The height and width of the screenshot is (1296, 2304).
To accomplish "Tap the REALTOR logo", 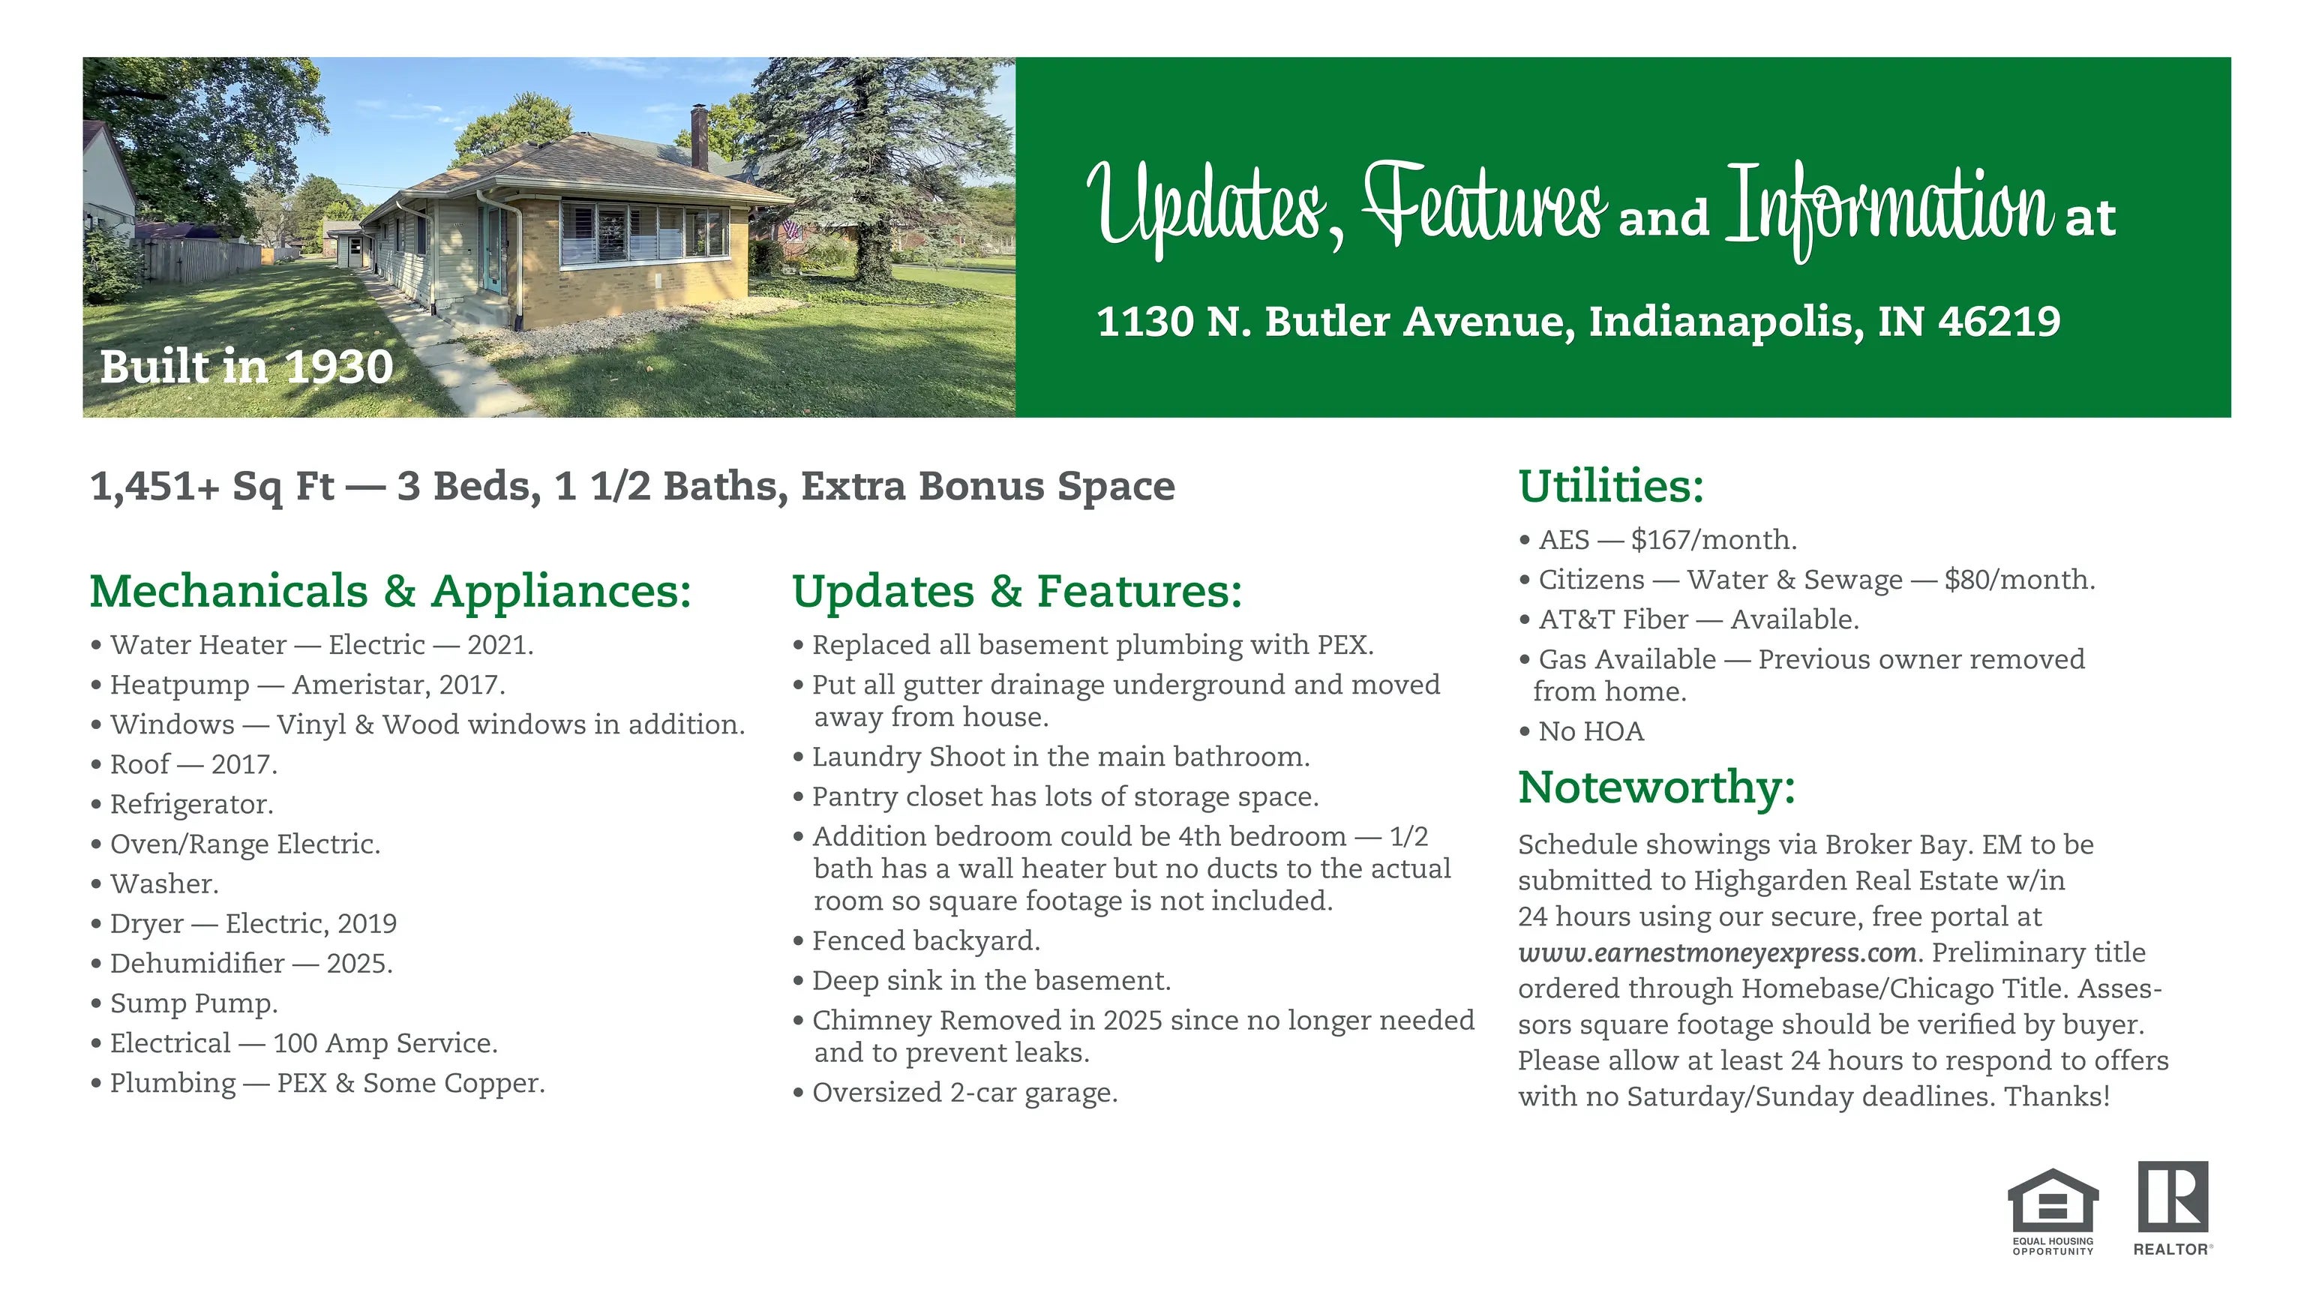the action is (2173, 1207).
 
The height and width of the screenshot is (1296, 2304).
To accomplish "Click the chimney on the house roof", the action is (700, 136).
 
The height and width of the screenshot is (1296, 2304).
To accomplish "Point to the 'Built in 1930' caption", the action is (247, 367).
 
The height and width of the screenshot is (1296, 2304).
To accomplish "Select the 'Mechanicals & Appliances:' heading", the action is (391, 591).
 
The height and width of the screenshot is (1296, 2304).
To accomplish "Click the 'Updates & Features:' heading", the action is (1018, 591).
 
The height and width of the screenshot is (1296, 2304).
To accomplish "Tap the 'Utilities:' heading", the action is (1612, 486).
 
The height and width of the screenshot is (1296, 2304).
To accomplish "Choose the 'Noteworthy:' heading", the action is (1657, 787).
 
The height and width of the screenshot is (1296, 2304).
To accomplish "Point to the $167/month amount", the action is (1713, 539).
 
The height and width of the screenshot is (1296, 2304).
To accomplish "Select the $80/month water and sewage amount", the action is (2019, 580).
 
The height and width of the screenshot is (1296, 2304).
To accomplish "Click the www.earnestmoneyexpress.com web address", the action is (1717, 953).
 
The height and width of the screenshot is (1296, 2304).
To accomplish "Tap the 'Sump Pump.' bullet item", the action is (184, 1003).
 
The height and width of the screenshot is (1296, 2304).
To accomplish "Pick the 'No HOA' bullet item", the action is (1581, 732).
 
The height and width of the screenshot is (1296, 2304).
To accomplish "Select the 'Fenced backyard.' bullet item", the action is (916, 941).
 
